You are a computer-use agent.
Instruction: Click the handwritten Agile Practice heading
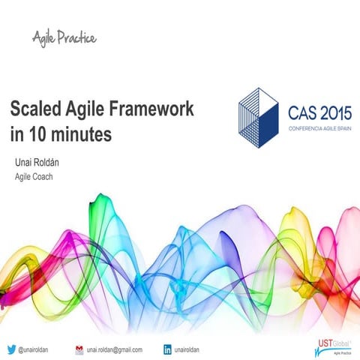[x=64, y=38]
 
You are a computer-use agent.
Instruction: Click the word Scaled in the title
[x=35, y=108]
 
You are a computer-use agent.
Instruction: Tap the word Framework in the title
[x=151, y=108]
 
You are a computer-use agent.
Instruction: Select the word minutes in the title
[x=81, y=134]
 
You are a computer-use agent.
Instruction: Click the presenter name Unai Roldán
[x=37, y=163]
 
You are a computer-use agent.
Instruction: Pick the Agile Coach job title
[x=34, y=177]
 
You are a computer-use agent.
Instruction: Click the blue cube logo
[x=259, y=118]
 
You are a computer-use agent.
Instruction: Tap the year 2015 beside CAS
[x=336, y=113]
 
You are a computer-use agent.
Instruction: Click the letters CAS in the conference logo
[x=303, y=113]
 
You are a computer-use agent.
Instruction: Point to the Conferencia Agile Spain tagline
[x=320, y=128]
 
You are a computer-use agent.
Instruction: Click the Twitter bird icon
[x=11, y=349]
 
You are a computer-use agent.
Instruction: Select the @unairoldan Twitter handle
[x=33, y=349]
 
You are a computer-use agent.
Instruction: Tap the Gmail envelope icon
[x=79, y=349]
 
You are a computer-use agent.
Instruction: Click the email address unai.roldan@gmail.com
[x=115, y=349]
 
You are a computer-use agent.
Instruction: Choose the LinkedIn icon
[x=167, y=349]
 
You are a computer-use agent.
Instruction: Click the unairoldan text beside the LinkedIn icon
[x=187, y=349]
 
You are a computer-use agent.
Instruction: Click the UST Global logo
[x=334, y=347]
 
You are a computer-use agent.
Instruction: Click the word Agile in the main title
[x=85, y=109]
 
